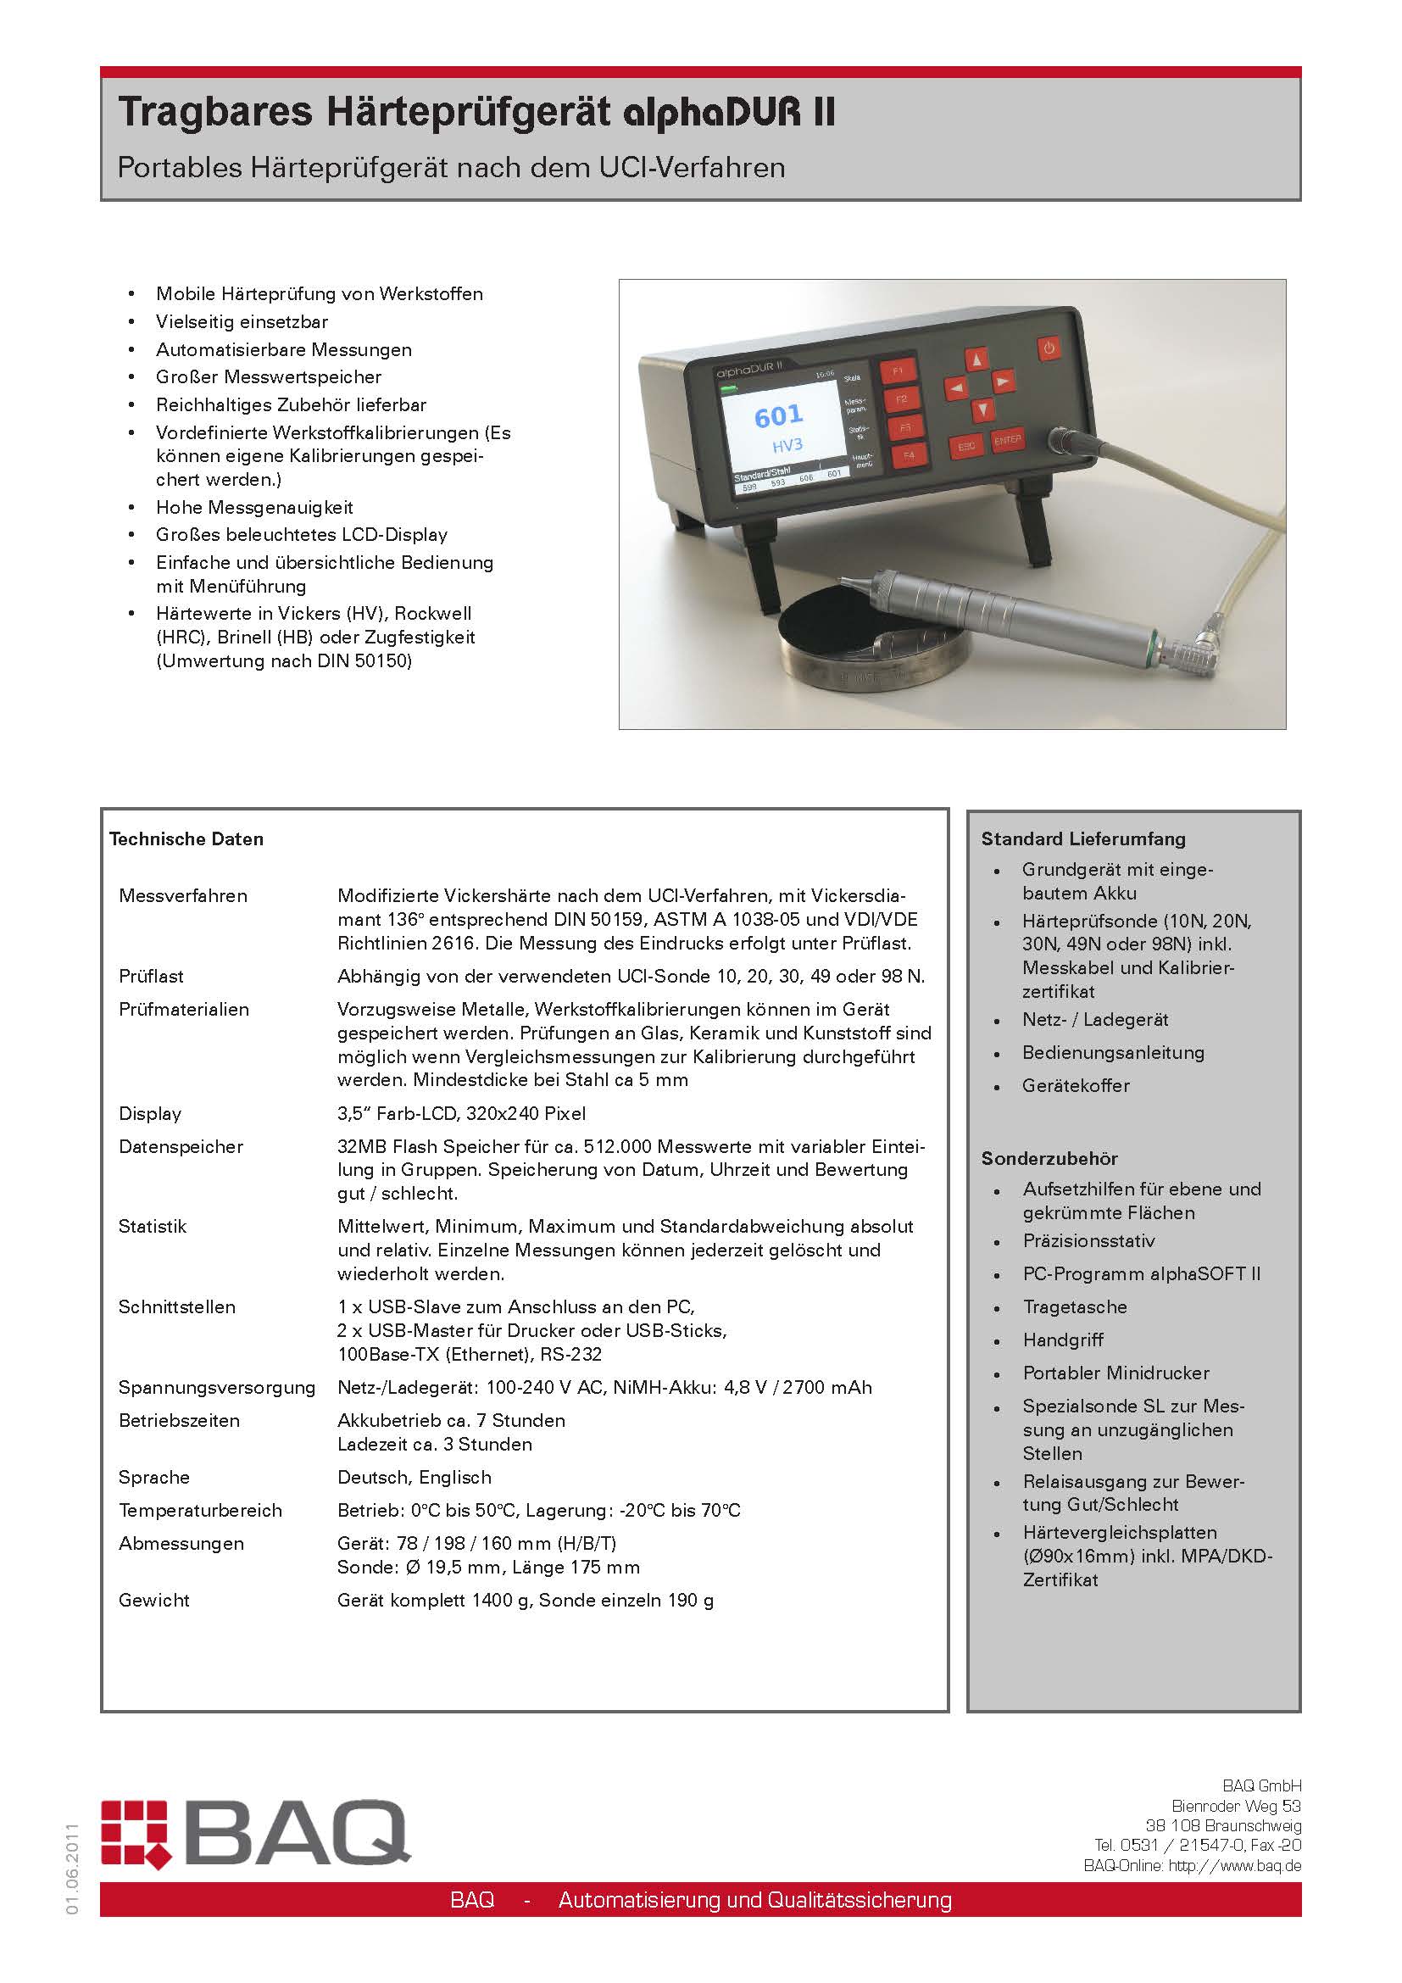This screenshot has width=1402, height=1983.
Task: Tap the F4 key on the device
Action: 908,454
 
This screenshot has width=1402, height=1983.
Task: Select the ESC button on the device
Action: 967,446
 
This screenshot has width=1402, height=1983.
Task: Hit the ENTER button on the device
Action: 1008,440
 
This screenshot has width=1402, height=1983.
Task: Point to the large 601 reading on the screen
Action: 779,416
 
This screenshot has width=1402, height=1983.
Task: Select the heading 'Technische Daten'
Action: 186,838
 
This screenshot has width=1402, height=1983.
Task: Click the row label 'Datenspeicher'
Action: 181,1146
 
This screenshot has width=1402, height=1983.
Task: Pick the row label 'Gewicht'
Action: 154,1600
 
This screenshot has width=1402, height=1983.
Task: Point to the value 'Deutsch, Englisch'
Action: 414,1477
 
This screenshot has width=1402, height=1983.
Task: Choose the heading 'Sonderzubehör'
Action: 1049,1158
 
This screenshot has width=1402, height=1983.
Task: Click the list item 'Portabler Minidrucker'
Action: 1115,1373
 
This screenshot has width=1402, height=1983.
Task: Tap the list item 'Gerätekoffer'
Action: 1076,1086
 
